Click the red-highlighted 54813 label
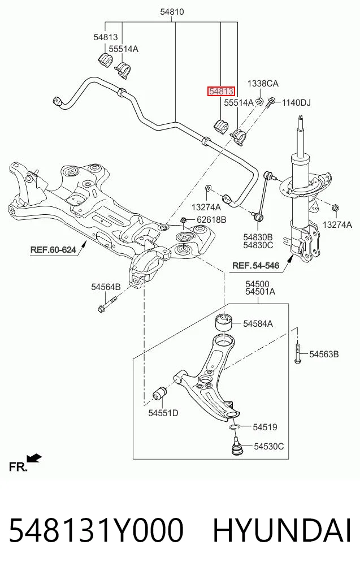coord(221,91)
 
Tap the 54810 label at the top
coord(172,12)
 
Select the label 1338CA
coord(263,83)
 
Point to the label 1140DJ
coord(296,103)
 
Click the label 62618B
coord(211,220)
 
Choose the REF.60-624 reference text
coord(53,250)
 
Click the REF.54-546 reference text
coord(256,265)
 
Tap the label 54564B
coord(106,287)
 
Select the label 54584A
coord(258,323)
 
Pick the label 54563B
coord(324,354)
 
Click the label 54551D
coord(163,413)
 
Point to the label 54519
coord(265,427)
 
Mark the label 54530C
coord(269,446)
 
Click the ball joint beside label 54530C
coord(237,445)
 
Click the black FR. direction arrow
coord(35,458)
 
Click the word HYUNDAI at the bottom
coord(282,530)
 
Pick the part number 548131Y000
coord(96,530)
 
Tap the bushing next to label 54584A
coord(223,322)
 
